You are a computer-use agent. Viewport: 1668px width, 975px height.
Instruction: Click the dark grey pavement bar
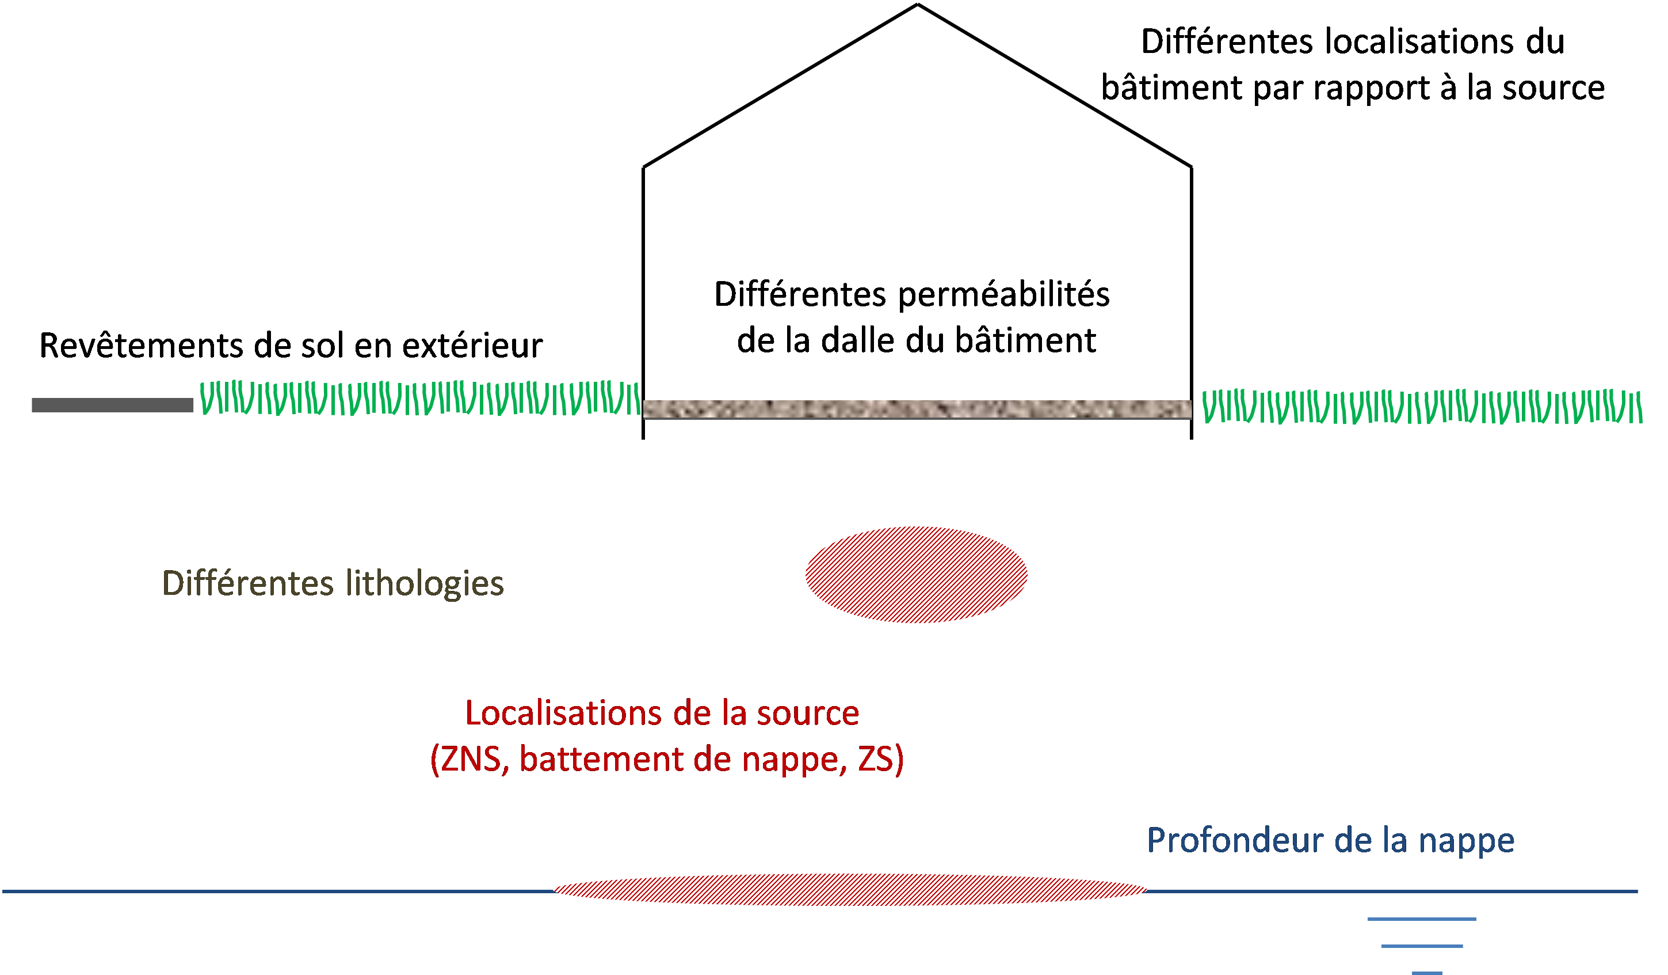point(113,405)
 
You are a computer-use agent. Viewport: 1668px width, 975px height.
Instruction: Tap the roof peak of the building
point(917,5)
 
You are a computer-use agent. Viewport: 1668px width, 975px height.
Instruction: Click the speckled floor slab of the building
point(917,409)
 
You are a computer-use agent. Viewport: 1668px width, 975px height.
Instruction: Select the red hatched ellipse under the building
point(916,574)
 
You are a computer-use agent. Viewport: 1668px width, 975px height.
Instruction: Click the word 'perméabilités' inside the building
point(1003,295)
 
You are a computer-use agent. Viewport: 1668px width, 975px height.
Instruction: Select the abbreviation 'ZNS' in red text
point(471,759)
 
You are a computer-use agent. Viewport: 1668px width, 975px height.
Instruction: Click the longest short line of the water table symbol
point(1422,919)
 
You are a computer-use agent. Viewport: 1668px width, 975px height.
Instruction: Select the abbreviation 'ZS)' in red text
point(880,759)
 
